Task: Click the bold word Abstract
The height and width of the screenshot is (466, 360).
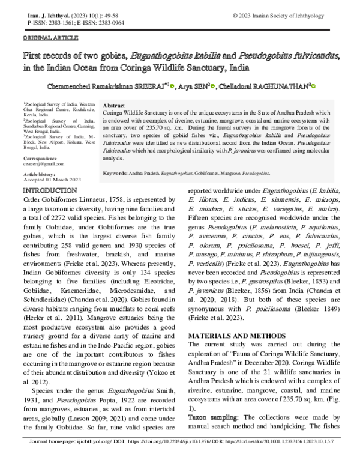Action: coord(115,105)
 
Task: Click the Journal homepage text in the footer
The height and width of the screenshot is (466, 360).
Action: coord(58,457)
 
